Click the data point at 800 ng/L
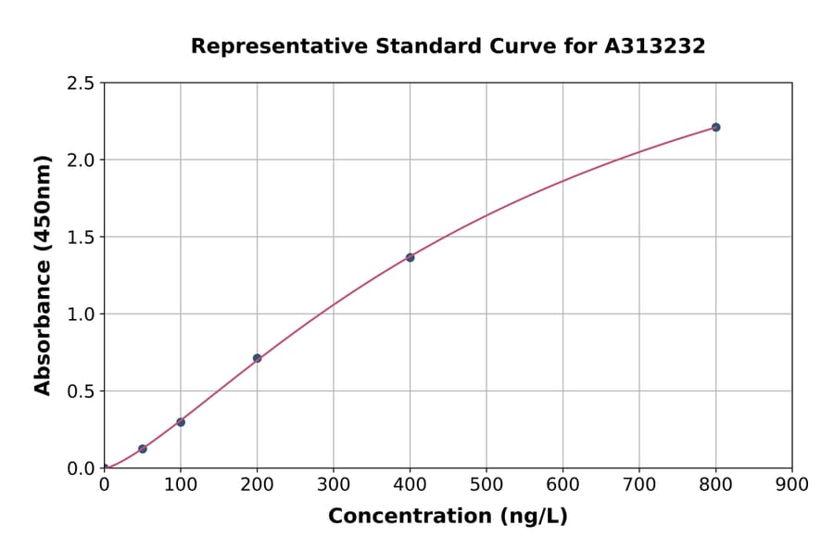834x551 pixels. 715,127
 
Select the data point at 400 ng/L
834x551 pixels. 410,257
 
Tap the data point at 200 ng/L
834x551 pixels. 257,358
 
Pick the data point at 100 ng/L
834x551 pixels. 181,422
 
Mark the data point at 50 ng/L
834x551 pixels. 143,449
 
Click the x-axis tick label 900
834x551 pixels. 792,484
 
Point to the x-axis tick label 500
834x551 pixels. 486,484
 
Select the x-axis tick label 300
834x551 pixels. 334,484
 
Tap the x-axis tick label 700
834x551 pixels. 639,484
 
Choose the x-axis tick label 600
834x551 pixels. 562,484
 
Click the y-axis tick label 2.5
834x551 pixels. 81,83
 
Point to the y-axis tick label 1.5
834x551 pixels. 81,237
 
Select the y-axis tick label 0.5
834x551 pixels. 81,391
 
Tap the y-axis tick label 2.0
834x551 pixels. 81,160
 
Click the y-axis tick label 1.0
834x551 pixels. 81,314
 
